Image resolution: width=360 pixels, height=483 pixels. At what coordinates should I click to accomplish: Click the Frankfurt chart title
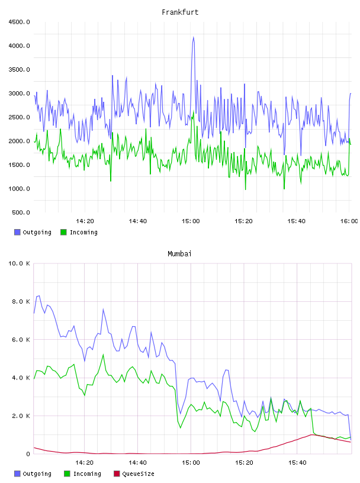click(x=180, y=12)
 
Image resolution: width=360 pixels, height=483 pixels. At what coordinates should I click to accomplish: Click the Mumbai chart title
click(x=179, y=254)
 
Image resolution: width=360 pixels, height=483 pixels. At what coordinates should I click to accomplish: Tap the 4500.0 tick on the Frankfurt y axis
click(x=19, y=22)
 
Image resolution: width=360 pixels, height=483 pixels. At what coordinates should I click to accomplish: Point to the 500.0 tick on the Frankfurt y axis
click(x=21, y=212)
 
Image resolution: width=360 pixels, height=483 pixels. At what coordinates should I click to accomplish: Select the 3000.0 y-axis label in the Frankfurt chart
click(x=19, y=94)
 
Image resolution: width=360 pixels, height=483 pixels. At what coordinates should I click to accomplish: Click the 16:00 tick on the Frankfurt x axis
click(x=349, y=221)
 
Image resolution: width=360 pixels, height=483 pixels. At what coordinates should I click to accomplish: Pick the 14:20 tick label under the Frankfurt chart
click(x=85, y=221)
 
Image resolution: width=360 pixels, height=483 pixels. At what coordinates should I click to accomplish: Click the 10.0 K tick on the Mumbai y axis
click(x=19, y=263)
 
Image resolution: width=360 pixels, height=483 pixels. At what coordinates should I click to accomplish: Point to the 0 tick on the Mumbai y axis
click(x=28, y=454)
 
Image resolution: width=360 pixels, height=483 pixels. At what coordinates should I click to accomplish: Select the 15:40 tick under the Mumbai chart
click(x=297, y=463)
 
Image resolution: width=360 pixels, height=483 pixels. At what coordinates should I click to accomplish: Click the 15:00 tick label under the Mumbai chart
click(x=191, y=463)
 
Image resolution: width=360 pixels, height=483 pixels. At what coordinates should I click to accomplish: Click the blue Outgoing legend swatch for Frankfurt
click(x=17, y=232)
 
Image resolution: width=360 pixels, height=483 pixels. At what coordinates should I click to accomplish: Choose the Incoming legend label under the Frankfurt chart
click(x=84, y=233)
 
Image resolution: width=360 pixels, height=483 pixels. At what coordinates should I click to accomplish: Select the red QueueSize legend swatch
click(x=117, y=474)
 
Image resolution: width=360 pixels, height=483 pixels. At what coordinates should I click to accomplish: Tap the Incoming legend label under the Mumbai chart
click(x=87, y=474)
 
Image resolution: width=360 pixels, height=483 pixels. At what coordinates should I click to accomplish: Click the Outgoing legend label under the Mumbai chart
click(x=37, y=474)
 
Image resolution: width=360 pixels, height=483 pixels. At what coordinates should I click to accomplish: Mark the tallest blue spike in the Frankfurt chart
click(x=193, y=37)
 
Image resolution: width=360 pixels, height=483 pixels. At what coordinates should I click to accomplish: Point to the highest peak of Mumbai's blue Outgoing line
click(x=39, y=296)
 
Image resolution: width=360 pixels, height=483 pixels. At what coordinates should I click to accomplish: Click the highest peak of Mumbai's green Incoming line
click(x=103, y=355)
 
